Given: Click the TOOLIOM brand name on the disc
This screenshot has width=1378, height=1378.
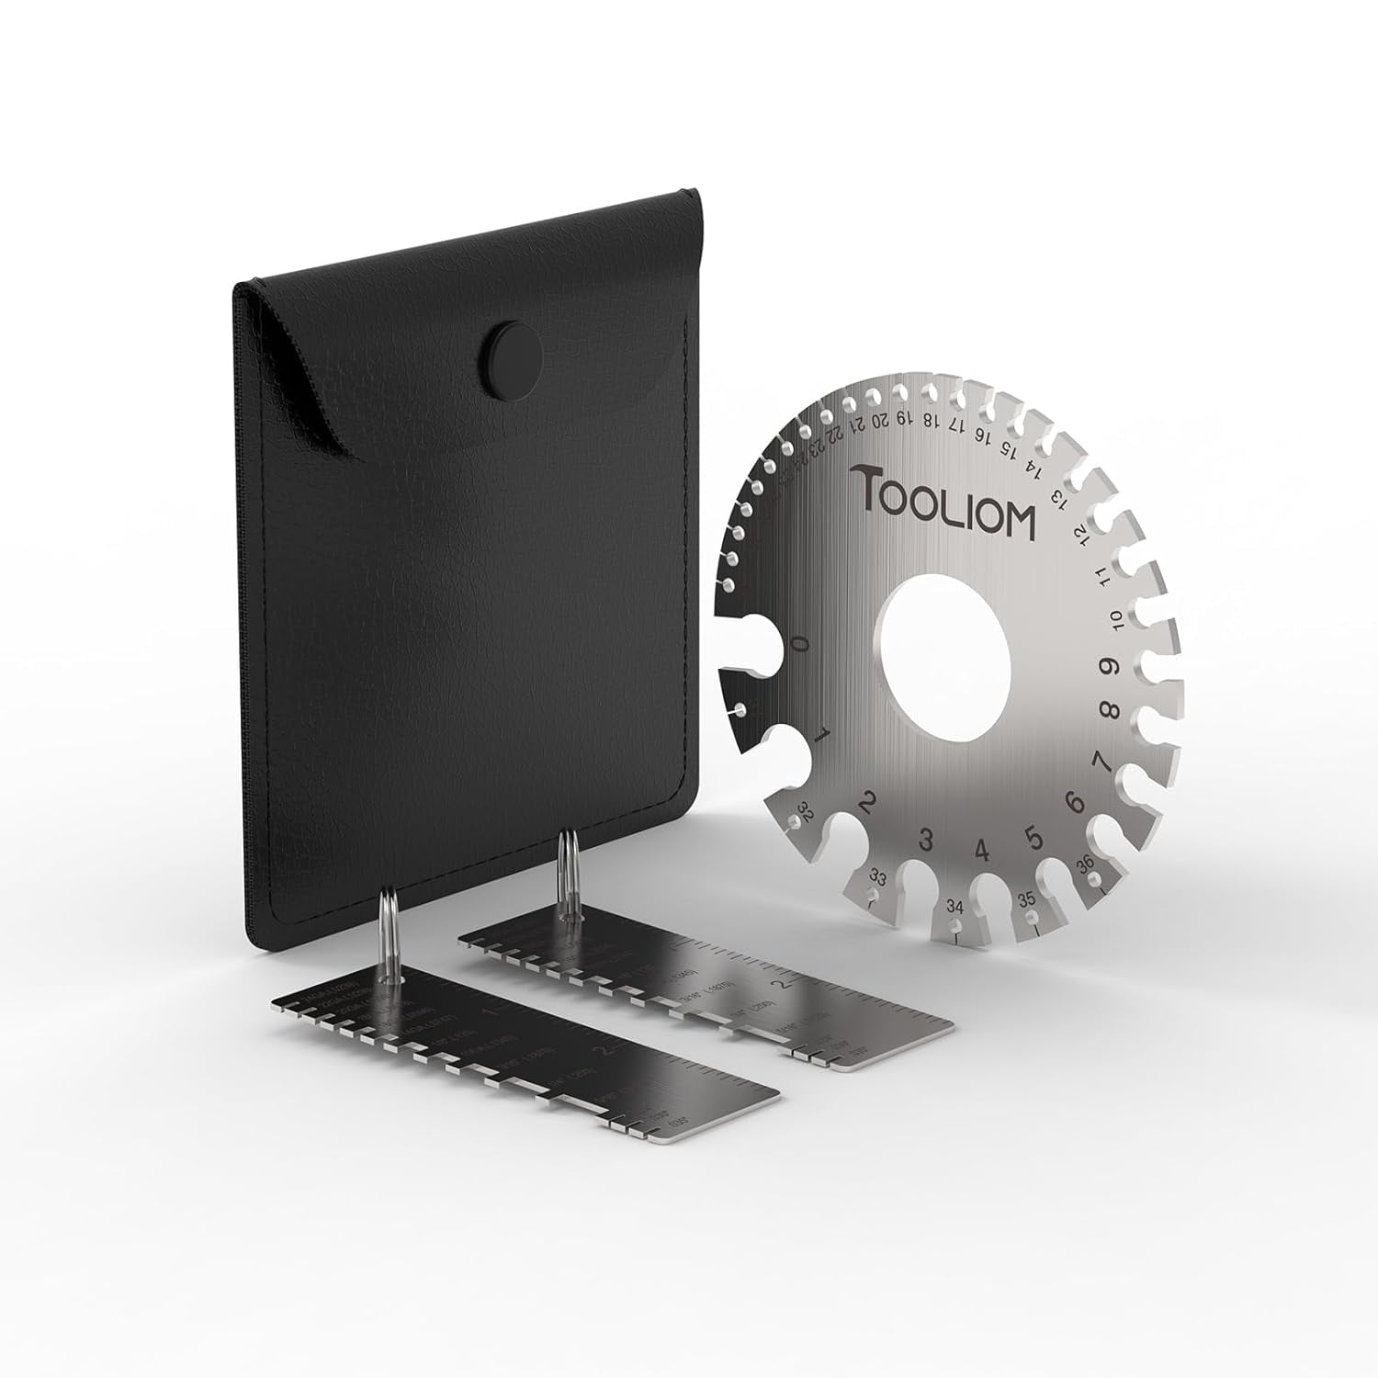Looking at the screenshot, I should (x=944, y=502).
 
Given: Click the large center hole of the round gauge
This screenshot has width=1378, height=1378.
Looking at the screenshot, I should (x=943, y=646).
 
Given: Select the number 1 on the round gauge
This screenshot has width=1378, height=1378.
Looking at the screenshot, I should (x=823, y=733).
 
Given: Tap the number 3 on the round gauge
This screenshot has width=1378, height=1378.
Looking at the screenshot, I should (x=926, y=839).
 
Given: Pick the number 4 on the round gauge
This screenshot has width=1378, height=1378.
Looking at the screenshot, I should (x=982, y=850).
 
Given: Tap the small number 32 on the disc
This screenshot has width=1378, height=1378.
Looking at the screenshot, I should (x=807, y=810).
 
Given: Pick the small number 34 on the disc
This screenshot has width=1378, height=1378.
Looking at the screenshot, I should (x=955, y=908).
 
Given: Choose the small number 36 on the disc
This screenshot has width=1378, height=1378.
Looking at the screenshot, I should (x=1085, y=863).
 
